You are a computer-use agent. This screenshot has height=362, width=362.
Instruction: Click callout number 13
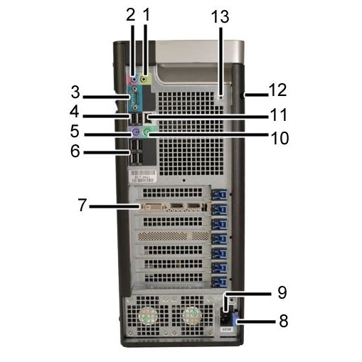pyautogui.click(x=220, y=17)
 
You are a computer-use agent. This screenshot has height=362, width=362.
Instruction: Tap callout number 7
pyautogui.click(x=82, y=205)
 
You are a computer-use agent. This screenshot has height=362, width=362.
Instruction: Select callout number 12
pyautogui.click(x=277, y=90)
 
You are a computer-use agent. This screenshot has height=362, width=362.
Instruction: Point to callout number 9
pyautogui.click(x=282, y=292)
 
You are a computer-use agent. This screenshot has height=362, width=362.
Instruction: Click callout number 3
pyautogui.click(x=75, y=92)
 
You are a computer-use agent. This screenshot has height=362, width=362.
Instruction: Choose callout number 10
pyautogui.click(x=280, y=138)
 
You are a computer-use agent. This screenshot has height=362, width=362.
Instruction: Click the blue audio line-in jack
pyautogui.click(x=134, y=79)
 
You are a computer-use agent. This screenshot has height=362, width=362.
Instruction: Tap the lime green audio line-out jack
pyautogui.click(x=144, y=78)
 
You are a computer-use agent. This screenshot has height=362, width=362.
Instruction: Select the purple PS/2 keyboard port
pyautogui.click(x=135, y=131)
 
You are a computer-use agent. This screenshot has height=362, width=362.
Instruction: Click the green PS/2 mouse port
pyautogui.click(x=147, y=131)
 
